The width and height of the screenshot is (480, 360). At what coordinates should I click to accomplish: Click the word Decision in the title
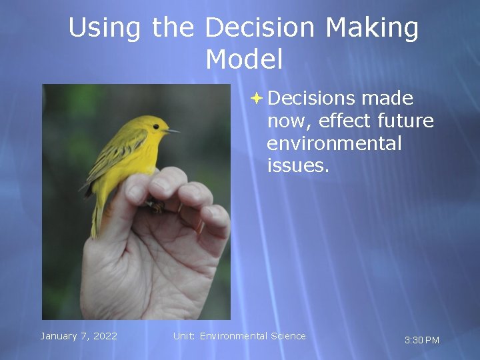click(260, 28)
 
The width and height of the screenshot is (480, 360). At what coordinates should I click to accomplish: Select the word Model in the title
click(244, 60)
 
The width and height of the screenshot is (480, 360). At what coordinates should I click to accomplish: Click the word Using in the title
click(105, 28)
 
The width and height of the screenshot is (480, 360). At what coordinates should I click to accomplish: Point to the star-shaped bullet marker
click(257, 98)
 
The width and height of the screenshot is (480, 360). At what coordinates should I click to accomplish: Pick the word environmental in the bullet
click(334, 143)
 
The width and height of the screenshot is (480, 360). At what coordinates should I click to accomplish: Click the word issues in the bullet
click(297, 166)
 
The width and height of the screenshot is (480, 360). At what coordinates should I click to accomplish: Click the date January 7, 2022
click(79, 336)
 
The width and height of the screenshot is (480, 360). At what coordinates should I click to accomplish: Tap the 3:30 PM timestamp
click(422, 340)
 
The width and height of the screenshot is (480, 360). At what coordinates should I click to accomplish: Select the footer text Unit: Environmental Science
click(239, 336)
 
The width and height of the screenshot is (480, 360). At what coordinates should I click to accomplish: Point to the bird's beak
click(173, 131)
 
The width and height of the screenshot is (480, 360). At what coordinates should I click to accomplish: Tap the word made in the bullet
click(387, 98)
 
